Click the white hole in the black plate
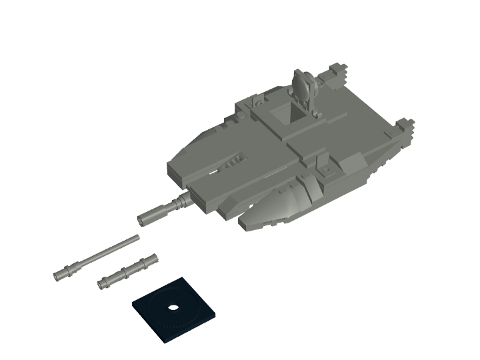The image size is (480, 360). (173, 307)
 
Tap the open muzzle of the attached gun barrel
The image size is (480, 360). (142, 219)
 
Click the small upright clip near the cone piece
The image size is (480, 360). (325, 163)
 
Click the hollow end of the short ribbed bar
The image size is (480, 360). (102, 285)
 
